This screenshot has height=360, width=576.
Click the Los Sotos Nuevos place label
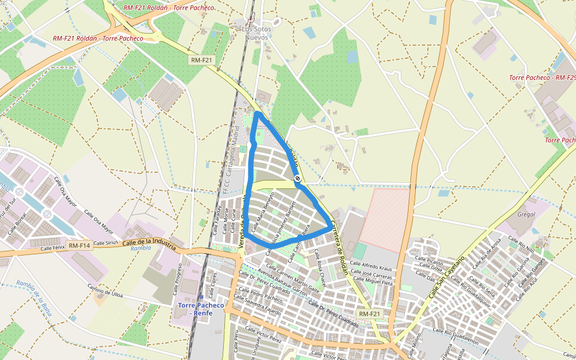(257, 32)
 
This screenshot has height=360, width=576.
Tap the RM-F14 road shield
(79, 245)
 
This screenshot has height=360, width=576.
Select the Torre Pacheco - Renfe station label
(201, 309)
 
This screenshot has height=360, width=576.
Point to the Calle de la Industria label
(148, 242)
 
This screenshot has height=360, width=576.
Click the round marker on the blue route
(298, 178)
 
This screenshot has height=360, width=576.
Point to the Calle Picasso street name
(427, 262)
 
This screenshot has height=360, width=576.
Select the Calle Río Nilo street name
(521, 244)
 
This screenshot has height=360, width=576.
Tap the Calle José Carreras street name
(373, 274)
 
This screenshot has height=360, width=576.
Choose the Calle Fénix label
(52, 248)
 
